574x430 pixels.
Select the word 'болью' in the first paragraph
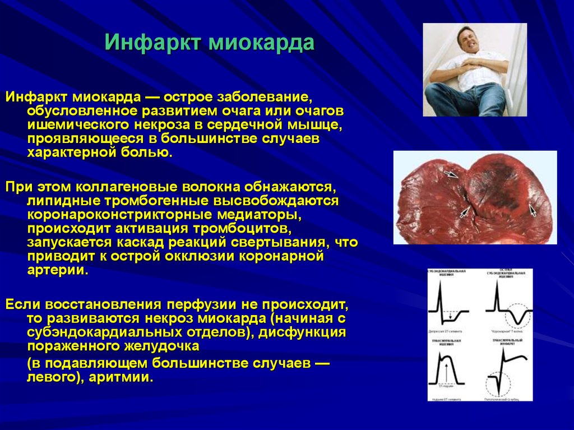tap(152, 152)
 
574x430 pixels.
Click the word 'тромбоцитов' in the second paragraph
tap(242, 229)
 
